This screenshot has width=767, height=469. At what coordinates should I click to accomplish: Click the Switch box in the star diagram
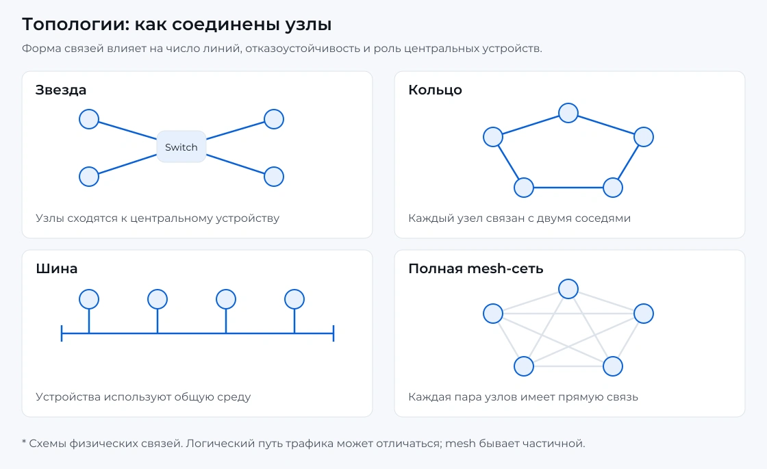181,147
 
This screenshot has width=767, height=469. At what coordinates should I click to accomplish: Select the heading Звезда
61,90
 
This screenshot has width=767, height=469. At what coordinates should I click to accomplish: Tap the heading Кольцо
435,90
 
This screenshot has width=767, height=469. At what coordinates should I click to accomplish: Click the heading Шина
56,268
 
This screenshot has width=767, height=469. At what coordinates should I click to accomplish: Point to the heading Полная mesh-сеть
475,268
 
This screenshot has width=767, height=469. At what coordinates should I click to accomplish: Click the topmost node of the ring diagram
568,113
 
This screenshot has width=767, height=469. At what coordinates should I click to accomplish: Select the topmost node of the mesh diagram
568,288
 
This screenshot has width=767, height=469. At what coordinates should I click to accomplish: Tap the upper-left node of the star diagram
89,119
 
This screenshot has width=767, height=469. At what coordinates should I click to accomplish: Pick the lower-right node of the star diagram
274,177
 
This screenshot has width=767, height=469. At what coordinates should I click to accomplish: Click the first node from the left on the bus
89,299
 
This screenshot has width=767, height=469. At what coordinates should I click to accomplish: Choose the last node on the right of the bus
294,299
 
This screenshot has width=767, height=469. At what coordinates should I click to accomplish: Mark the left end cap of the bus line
62,333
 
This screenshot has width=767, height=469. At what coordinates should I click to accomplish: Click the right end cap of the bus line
333,333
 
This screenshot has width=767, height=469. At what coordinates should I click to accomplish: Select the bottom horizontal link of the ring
568,188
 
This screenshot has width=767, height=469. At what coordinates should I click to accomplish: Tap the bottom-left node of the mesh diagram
523,366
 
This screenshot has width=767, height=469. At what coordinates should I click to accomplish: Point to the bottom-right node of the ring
612,188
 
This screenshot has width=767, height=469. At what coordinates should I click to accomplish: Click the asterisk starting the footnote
24,442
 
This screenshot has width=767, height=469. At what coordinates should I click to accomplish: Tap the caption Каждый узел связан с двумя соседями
520,218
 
